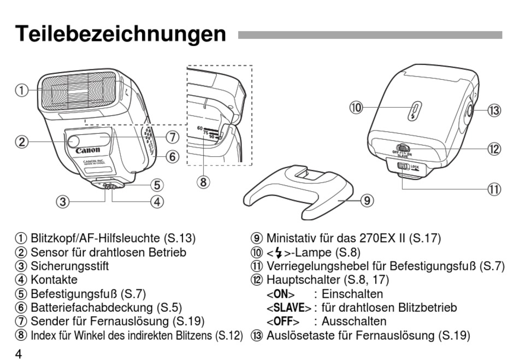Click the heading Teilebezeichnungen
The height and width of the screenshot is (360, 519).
click(120, 34)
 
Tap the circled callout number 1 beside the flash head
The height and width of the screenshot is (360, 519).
click(21, 90)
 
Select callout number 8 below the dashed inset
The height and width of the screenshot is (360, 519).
click(203, 182)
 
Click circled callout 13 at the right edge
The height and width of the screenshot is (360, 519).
click(494, 110)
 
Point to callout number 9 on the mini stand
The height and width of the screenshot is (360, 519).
click(367, 200)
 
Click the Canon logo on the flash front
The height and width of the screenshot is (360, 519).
click(87, 150)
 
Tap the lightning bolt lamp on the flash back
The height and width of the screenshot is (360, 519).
click(414, 110)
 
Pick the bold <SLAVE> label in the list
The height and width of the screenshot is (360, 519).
click(288, 308)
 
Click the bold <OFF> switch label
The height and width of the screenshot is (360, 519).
click(282, 321)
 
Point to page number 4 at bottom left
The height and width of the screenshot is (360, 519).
click(19, 354)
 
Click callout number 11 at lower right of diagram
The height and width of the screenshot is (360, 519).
click(494, 190)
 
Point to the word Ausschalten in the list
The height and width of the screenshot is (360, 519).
click(353, 321)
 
